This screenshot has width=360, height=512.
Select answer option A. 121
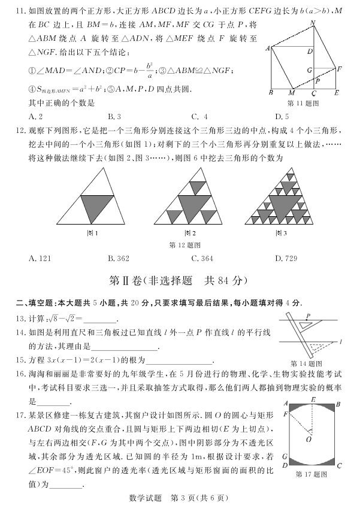click(x=40, y=258)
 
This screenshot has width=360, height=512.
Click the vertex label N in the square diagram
click(x=313, y=23)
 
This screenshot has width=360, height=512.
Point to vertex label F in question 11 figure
click(x=340, y=69)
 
